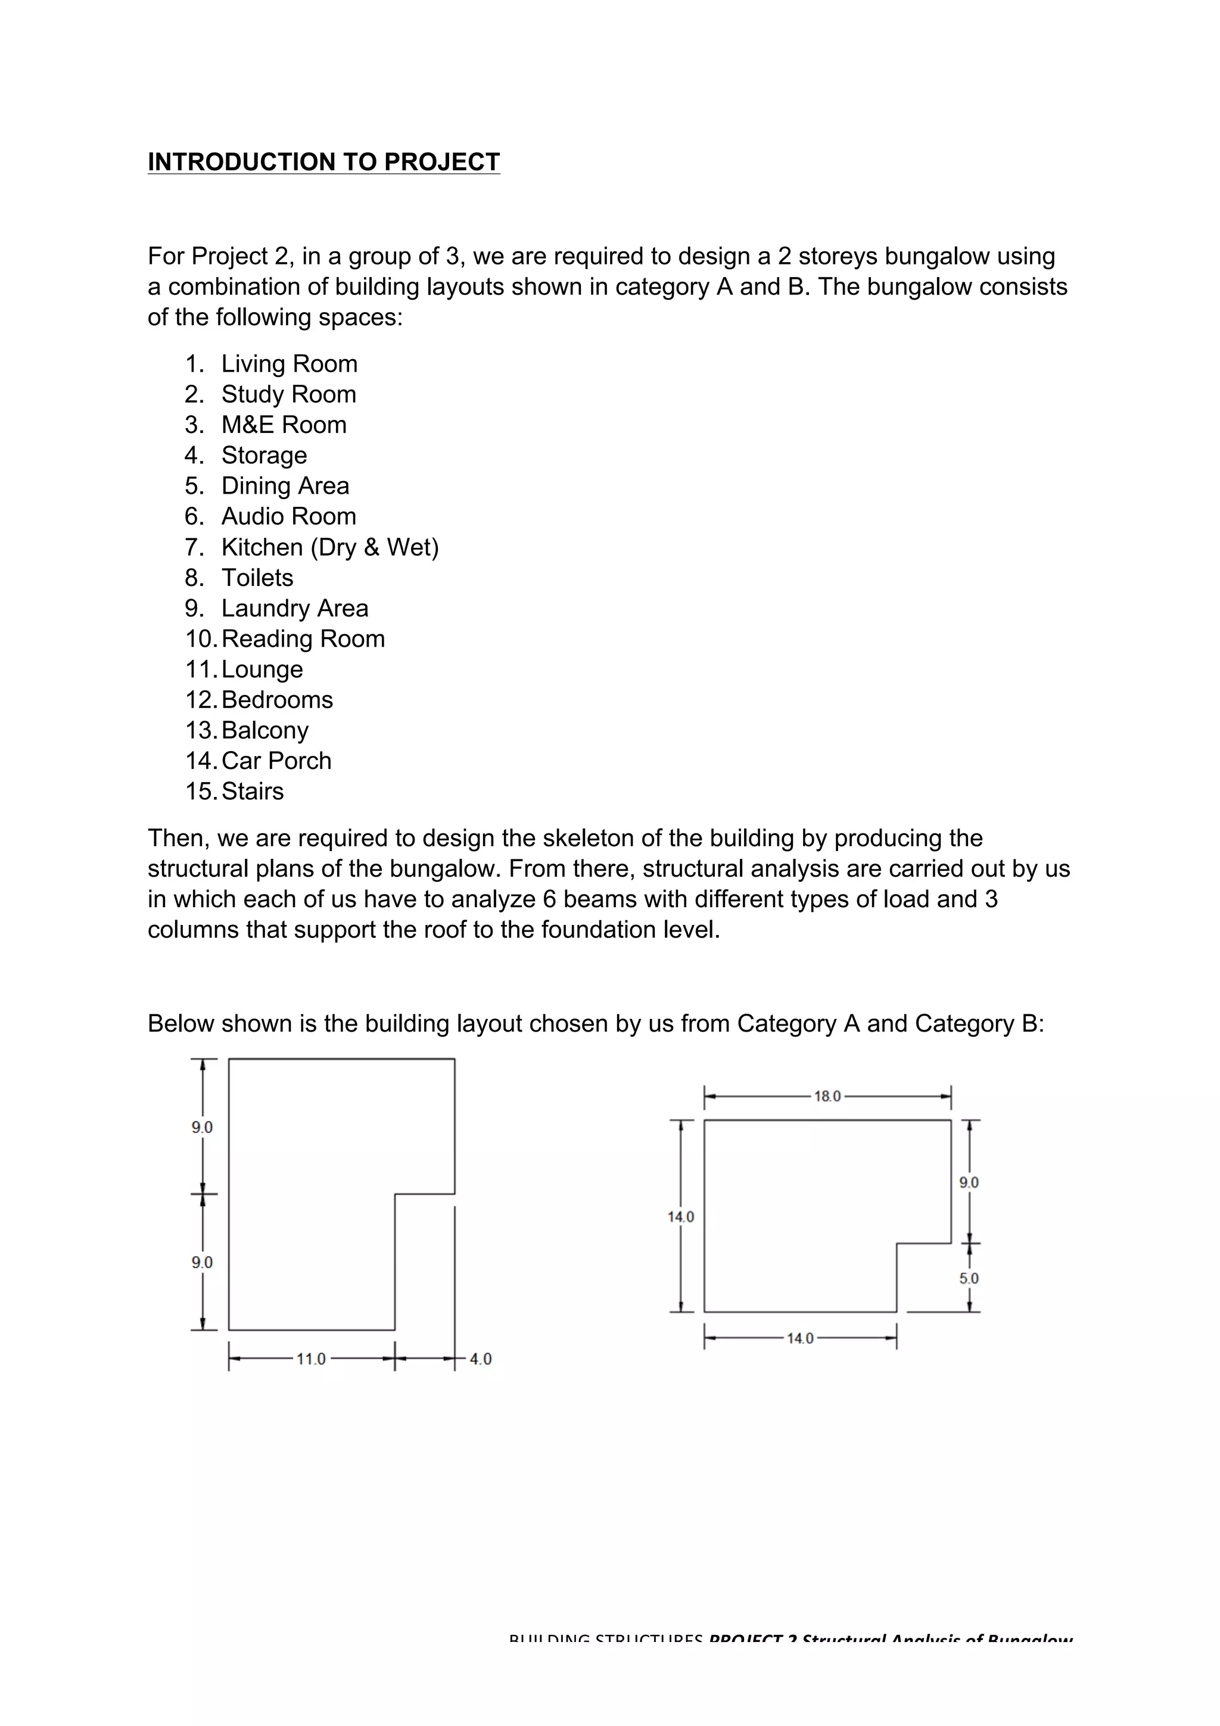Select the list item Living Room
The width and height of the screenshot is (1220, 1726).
289,364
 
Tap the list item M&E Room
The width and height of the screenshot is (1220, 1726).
284,425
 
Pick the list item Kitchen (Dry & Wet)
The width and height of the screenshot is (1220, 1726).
329,547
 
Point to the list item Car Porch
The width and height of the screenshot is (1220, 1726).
276,761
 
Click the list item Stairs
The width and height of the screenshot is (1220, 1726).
253,792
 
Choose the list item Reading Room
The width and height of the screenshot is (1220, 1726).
303,639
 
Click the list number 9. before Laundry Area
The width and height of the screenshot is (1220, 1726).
194,608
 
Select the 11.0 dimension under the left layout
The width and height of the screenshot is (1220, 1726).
310,1359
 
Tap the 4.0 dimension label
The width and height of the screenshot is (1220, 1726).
480,1359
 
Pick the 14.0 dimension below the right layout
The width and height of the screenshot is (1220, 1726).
800,1339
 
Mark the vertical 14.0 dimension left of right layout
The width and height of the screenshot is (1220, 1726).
681,1217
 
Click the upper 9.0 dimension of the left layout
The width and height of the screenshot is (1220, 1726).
201,1127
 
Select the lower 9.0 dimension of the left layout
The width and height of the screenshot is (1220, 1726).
201,1263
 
